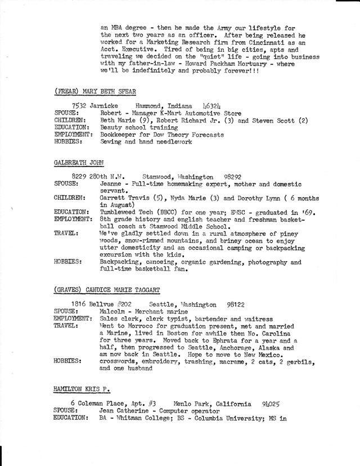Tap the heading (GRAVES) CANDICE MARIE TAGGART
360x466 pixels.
[108, 290]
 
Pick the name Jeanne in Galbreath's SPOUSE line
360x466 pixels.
[112, 184]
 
